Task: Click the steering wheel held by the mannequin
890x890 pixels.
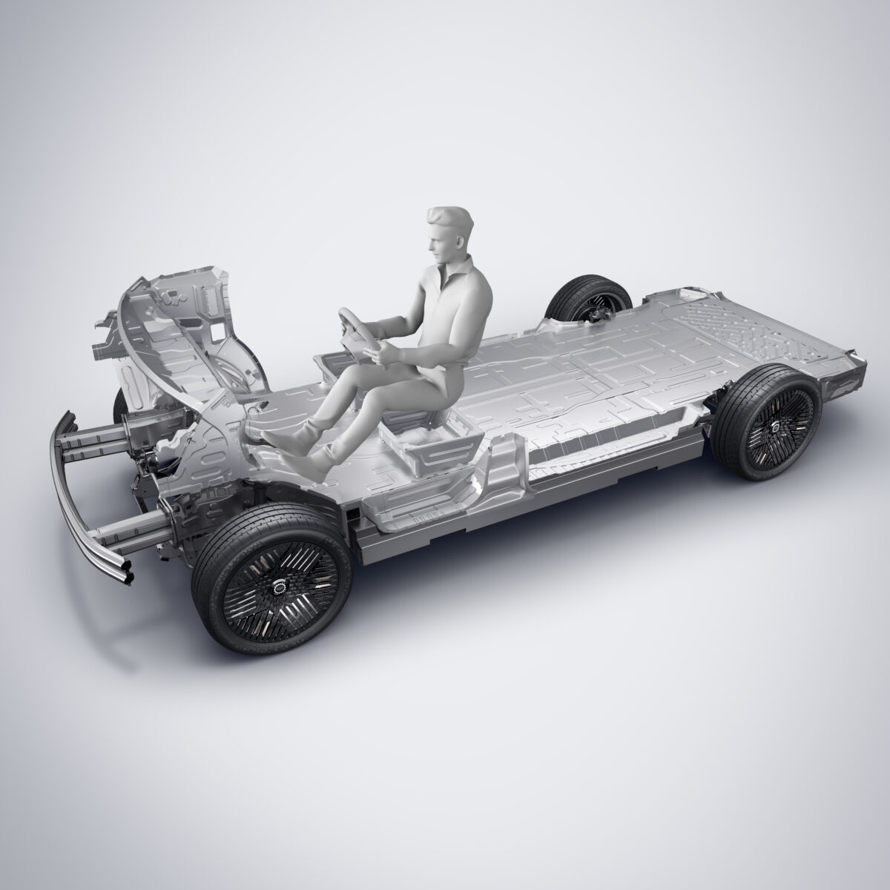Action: pyautogui.click(x=355, y=326)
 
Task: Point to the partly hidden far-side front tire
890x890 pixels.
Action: pyautogui.click(x=119, y=404)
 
